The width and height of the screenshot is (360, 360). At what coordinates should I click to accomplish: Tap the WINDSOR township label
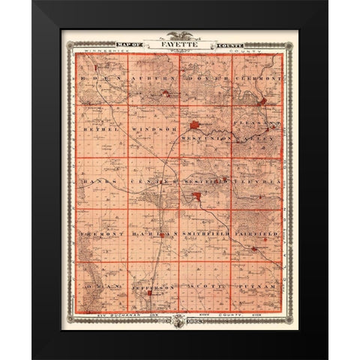(x=152, y=129)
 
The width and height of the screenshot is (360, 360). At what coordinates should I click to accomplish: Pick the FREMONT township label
(x=100, y=234)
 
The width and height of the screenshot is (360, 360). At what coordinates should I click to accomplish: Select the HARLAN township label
(x=148, y=234)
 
